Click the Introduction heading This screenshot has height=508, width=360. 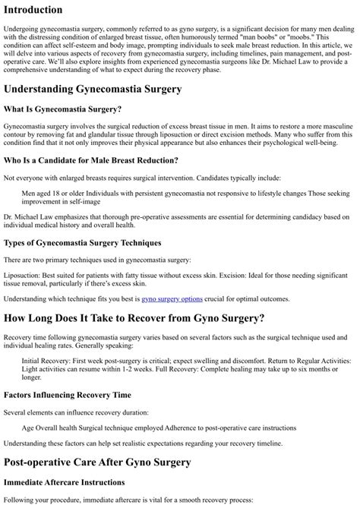pyautogui.click(x=43, y=10)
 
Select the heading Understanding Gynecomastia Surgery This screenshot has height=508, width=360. pyautogui.click(x=92, y=89)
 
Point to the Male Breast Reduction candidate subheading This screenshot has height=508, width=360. pyautogui.click(x=91, y=160)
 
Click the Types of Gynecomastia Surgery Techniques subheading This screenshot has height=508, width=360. pyautogui.click(x=82, y=242)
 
